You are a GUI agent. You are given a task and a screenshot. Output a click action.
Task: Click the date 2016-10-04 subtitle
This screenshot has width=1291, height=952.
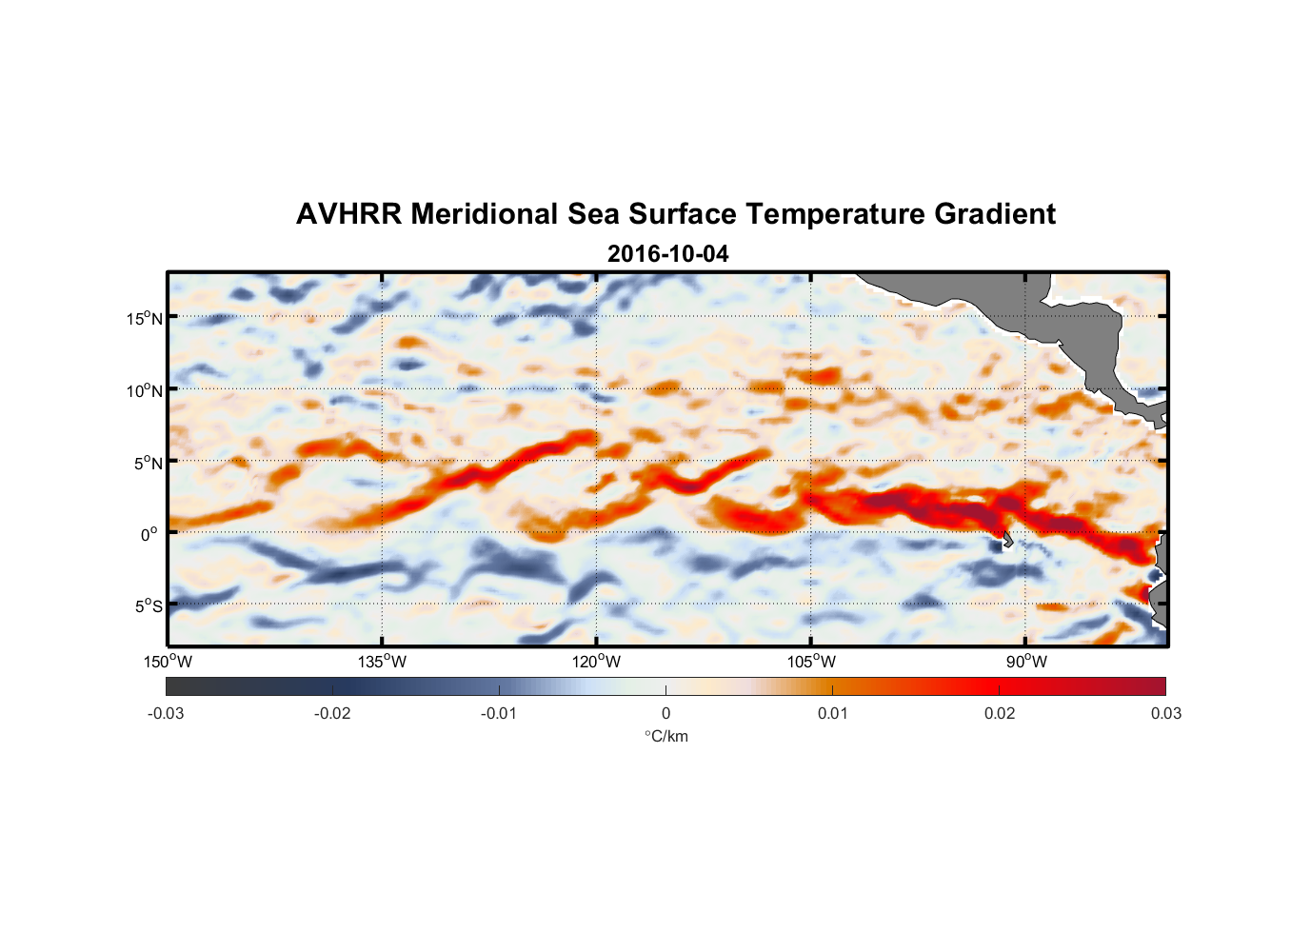(667, 254)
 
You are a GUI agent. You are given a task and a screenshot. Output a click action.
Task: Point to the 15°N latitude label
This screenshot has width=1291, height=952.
(145, 318)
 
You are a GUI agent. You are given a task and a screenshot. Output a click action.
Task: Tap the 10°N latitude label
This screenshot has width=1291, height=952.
(145, 390)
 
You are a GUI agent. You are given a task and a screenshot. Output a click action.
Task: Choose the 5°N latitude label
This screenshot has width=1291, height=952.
(148, 463)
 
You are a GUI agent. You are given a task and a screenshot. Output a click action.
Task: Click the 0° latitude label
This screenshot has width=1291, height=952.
(149, 535)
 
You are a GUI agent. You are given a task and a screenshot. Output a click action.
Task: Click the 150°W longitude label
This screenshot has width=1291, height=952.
(168, 662)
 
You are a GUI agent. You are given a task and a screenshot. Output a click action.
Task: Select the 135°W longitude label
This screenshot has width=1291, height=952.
(382, 662)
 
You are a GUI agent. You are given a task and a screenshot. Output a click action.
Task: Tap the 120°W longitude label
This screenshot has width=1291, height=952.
(597, 662)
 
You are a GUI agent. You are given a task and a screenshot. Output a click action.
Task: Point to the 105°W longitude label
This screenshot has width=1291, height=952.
(811, 662)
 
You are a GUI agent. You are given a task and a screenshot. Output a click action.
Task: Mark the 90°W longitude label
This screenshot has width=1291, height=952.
(1026, 662)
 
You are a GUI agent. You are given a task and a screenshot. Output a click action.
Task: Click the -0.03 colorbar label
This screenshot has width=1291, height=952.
(166, 713)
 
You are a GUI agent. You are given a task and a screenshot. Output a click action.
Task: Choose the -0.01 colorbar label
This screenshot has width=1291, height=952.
(499, 713)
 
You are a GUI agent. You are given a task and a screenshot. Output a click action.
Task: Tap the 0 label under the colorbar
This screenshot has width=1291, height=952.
(665, 713)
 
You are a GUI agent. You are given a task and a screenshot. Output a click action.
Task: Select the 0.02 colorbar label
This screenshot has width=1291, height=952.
(1000, 713)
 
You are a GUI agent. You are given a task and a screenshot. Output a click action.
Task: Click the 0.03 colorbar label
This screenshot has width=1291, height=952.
(1165, 713)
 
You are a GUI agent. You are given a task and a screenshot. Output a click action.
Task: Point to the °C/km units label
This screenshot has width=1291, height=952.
(666, 736)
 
